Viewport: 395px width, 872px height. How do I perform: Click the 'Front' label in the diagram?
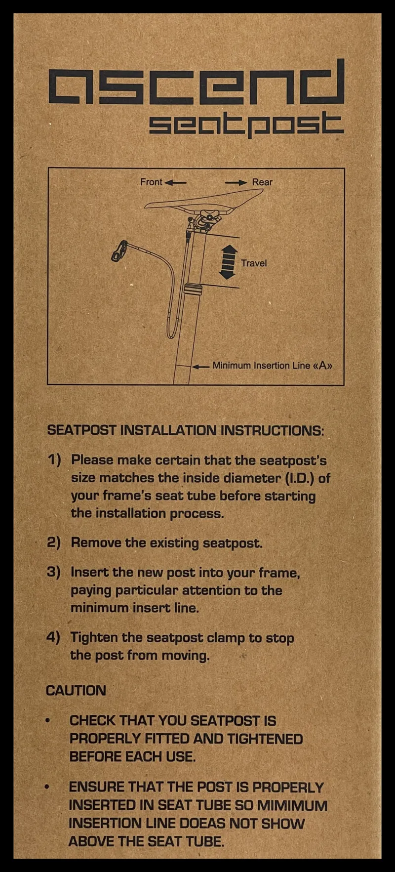(151, 182)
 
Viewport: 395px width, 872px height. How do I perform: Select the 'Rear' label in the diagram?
(262, 182)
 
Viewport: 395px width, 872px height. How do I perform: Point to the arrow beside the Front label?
(175, 182)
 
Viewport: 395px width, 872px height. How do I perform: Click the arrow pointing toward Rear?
(236, 182)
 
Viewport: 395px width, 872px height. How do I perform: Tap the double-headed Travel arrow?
(228, 262)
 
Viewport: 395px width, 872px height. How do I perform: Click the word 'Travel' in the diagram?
(254, 263)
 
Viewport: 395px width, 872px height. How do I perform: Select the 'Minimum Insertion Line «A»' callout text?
(272, 366)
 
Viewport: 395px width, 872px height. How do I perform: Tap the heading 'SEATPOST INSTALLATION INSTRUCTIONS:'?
(186, 430)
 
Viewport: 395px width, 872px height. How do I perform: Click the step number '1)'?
(54, 460)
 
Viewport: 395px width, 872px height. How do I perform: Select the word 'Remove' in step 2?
(96, 542)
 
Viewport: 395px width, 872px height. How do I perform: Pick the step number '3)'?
(53, 572)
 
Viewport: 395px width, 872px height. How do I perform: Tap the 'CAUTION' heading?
(76, 691)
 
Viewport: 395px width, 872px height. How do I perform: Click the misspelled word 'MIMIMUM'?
(292, 806)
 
